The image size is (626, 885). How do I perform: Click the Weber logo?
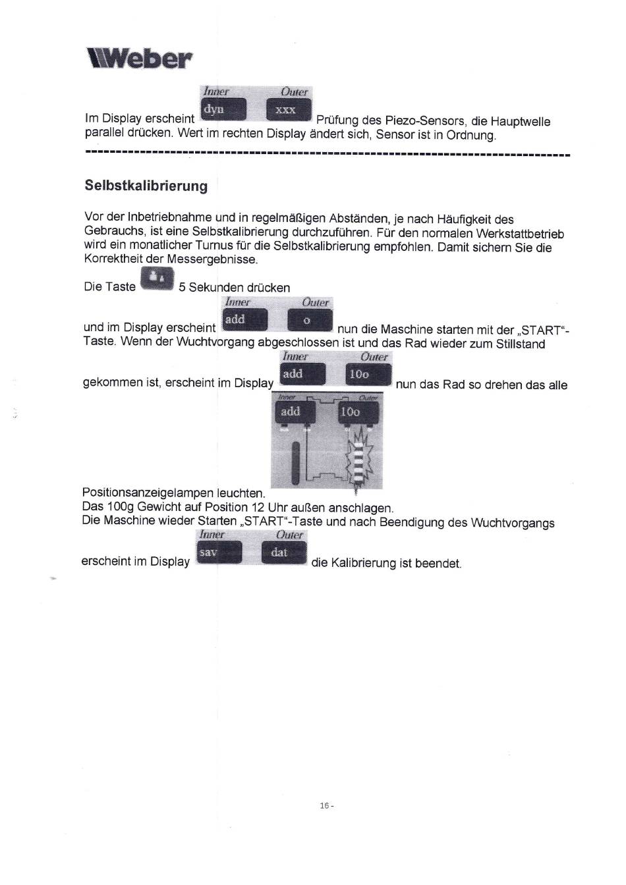140,59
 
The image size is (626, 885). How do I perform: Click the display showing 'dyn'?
223,109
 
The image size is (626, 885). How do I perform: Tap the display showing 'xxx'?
289,109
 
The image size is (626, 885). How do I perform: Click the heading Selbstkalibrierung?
146,185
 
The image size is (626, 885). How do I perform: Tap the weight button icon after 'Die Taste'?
157,279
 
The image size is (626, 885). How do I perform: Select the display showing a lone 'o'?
310,320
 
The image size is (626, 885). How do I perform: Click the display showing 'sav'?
219,552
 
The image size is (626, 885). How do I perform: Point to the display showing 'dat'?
284,552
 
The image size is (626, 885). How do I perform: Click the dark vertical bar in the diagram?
296,463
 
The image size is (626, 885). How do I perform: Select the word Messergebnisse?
212,259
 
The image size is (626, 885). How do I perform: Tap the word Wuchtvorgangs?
513,523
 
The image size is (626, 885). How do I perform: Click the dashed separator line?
327,154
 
